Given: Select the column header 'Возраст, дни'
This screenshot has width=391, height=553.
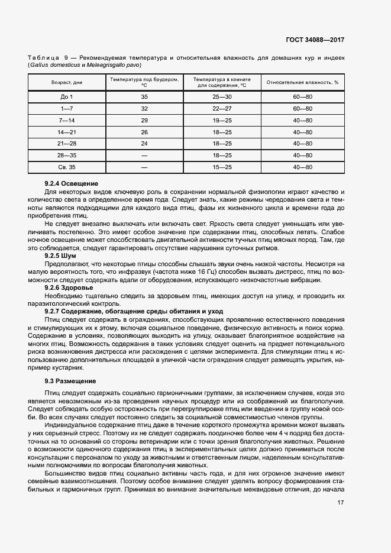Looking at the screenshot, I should [x=66, y=82].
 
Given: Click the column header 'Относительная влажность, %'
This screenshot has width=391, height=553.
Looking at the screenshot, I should [x=302, y=82].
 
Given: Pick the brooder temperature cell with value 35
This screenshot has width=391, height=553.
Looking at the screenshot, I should [x=144, y=96].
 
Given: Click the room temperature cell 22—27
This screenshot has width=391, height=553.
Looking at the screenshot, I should [x=222, y=108].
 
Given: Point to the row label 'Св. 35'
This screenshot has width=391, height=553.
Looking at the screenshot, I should [x=66, y=167].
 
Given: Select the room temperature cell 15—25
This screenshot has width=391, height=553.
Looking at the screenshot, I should [x=222, y=167].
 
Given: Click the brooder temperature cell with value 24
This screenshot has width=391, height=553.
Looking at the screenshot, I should [x=144, y=144].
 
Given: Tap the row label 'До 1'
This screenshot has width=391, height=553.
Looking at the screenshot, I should [x=66, y=96].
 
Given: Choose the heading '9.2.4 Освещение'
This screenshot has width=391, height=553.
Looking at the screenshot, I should [x=72, y=184].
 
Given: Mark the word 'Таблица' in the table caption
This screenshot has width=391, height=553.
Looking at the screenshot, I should [x=43, y=57].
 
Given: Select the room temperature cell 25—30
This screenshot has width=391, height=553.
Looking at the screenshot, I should [x=222, y=96].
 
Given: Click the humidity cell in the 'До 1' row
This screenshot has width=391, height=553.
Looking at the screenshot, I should [x=302, y=96].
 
